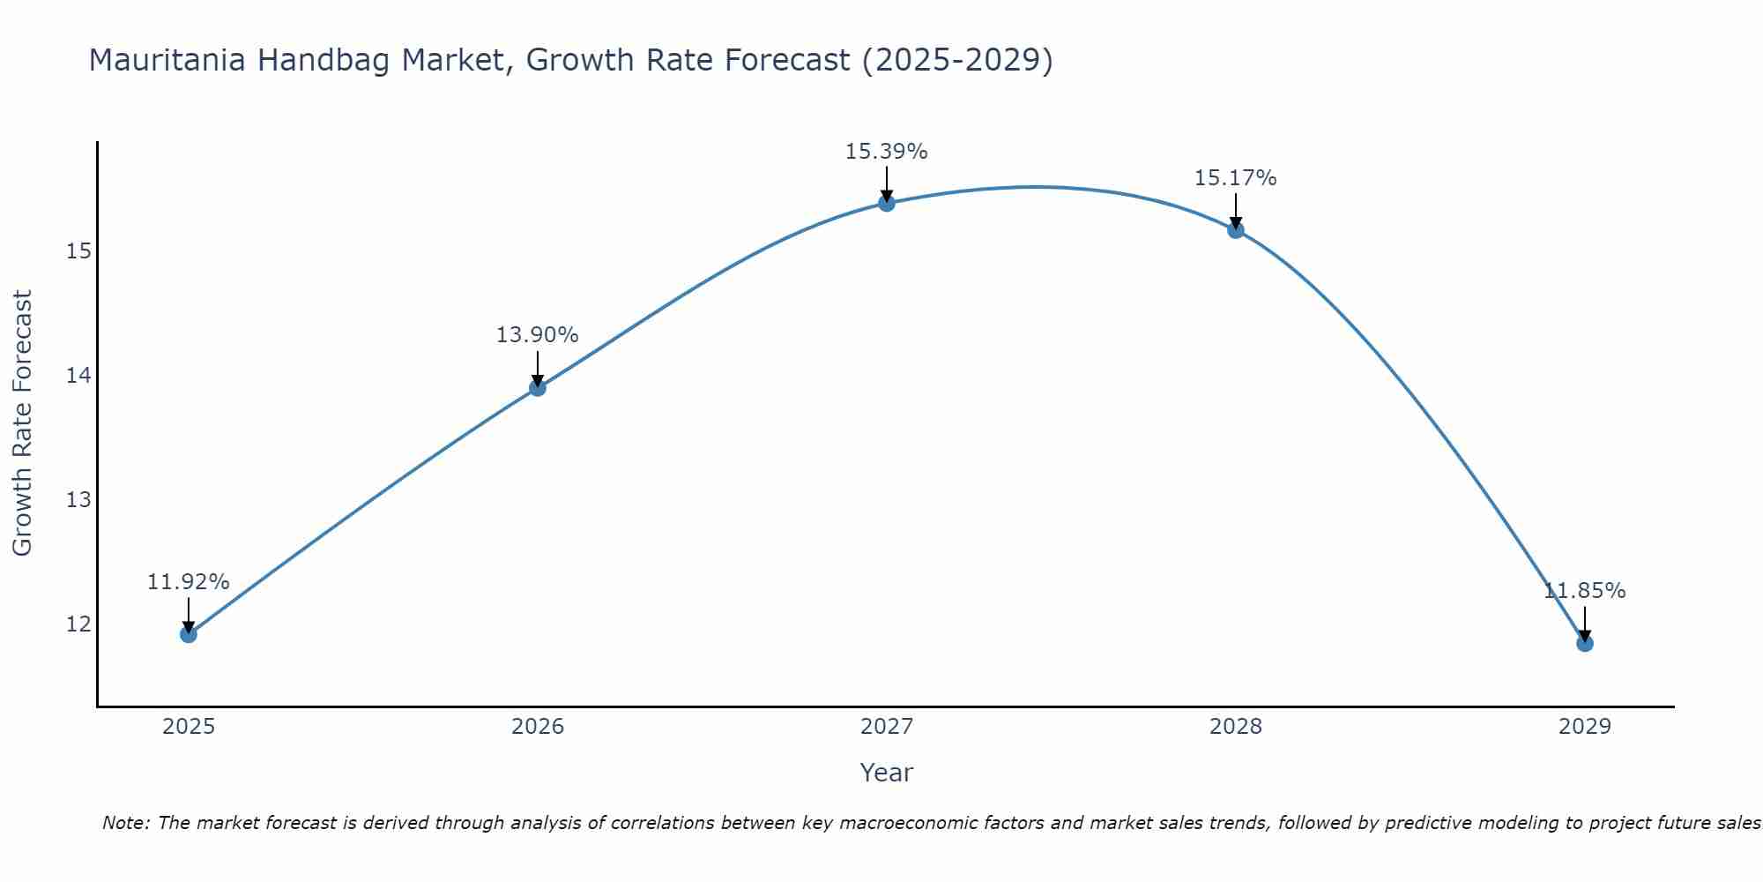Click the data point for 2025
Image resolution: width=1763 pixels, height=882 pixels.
tap(188, 633)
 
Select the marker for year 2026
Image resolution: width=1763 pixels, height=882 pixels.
tap(537, 387)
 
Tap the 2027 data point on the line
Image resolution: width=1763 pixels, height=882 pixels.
tap(886, 203)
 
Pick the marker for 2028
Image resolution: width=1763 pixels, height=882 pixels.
tap(1235, 229)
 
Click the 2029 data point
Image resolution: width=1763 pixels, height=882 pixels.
tap(1584, 643)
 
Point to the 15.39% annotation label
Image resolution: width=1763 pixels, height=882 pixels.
tap(886, 152)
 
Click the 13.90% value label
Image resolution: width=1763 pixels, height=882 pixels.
tap(537, 335)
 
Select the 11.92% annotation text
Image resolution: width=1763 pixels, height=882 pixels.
tap(188, 582)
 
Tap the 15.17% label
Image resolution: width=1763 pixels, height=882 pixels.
tap(1235, 178)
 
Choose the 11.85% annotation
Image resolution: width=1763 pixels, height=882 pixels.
tap(1584, 591)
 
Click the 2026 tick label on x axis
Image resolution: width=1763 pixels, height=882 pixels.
tap(537, 727)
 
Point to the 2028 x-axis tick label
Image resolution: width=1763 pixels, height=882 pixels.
tap(1235, 727)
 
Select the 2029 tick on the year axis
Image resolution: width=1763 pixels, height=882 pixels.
tap(1584, 727)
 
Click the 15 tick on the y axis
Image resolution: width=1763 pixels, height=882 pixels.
tap(78, 252)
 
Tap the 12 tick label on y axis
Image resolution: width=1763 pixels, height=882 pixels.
tap(78, 624)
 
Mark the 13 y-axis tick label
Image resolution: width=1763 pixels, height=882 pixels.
tap(78, 500)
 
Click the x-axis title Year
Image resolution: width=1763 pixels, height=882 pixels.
tap(886, 773)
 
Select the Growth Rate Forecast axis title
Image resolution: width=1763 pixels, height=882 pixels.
tap(22, 422)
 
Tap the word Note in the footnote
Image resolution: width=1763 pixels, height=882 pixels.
tap(124, 823)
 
